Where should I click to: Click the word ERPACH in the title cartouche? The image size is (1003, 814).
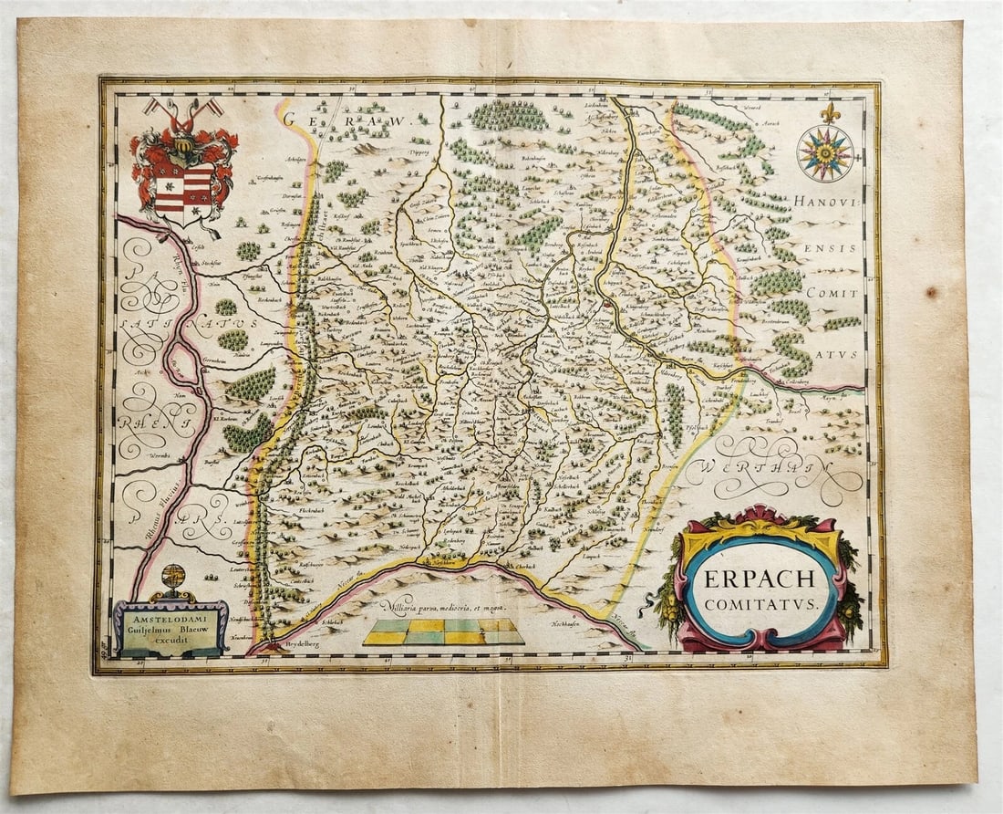coord(760,580)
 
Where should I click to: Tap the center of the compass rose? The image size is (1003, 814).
coord(824,152)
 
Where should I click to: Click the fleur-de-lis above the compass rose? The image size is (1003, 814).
coord(829,113)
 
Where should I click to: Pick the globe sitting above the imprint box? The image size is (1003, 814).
coord(173,578)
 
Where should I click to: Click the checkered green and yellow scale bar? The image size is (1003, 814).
coord(443,631)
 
